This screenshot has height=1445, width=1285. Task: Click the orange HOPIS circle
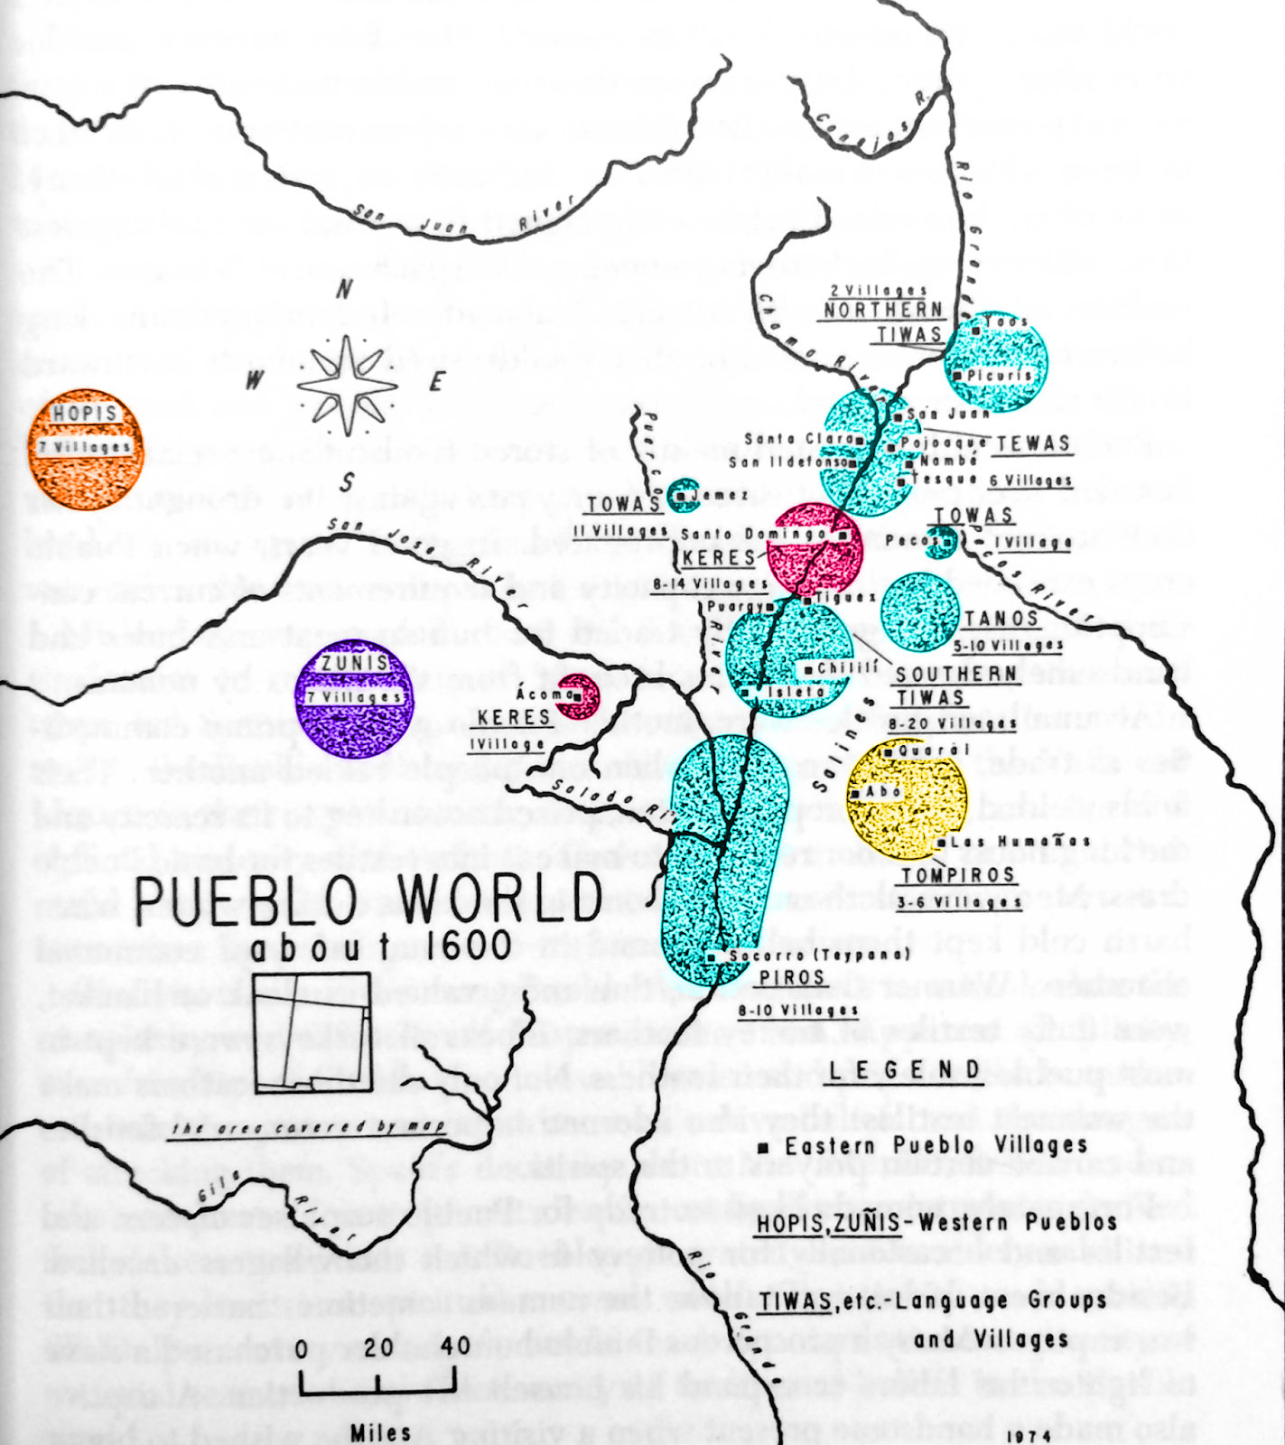85,449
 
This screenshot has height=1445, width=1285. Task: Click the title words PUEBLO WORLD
368,899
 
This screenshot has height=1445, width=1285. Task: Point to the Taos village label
1005,322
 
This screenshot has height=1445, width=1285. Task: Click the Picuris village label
998,375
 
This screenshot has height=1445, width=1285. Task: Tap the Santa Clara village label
800,440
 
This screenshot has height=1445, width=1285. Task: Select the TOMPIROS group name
958,874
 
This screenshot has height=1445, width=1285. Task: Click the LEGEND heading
914,1071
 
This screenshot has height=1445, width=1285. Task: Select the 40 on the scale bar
456,1347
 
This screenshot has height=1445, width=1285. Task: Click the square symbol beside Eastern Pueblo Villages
763,1148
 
